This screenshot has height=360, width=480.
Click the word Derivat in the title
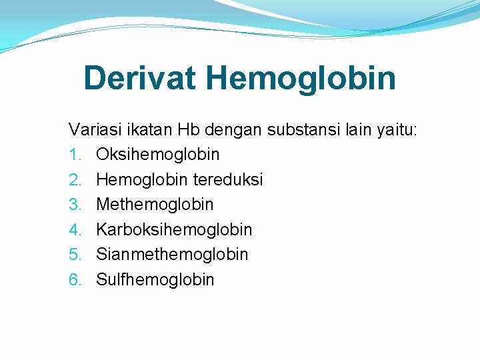coord(140,78)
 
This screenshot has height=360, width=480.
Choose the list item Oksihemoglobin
coord(157,155)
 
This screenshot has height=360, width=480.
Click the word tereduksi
coord(229,179)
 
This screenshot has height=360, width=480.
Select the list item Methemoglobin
coord(155,204)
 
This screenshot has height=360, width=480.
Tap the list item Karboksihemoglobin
coord(174,229)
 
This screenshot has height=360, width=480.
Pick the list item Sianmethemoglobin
coord(172,254)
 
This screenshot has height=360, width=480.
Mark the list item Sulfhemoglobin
coord(155,279)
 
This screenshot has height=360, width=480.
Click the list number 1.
coord(74,155)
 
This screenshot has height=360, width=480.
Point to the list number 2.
coord(74,179)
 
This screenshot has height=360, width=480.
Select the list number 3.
coord(74,204)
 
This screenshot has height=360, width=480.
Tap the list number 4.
coord(74,229)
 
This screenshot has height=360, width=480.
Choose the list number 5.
coord(74,254)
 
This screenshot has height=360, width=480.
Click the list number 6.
coord(74,279)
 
